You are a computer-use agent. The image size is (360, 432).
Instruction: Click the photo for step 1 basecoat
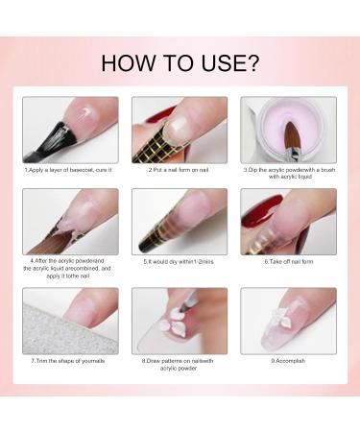70,129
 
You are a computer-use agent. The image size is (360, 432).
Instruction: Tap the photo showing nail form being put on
179,129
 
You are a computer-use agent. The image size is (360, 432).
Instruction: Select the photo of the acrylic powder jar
288,129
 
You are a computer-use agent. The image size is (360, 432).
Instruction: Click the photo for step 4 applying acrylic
70,221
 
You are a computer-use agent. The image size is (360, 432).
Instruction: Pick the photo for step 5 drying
179,221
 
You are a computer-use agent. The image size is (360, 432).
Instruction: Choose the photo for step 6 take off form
288,221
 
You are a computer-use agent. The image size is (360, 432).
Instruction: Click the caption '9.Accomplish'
288,361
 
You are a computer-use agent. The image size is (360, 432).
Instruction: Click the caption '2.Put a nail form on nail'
179,169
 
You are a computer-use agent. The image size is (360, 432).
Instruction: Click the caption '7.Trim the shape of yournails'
70,361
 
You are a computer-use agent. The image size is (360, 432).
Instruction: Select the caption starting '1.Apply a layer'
70,169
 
